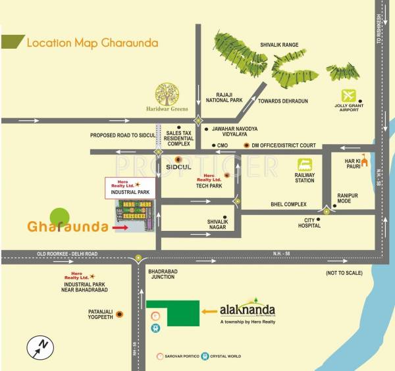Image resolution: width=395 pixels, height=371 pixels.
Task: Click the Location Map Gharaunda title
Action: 92,43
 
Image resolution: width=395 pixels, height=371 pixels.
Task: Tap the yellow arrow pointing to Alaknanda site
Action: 209,312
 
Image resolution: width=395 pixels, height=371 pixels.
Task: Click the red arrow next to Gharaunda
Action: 120,228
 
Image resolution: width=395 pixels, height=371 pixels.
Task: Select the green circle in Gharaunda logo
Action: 59,216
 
